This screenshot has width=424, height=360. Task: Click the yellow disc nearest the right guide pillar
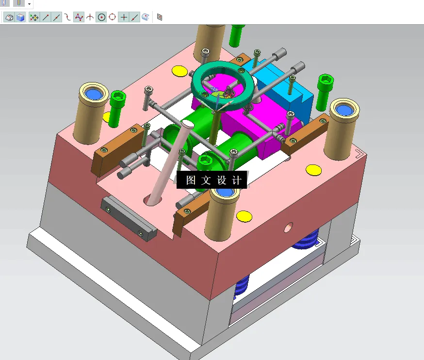point(313,170)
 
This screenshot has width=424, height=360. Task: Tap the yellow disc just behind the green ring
point(179,71)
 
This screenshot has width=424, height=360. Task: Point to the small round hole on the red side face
point(289,226)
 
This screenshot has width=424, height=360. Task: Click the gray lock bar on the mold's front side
point(128,218)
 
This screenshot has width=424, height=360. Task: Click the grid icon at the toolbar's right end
point(160,17)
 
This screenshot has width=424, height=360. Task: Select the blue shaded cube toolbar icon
point(20,17)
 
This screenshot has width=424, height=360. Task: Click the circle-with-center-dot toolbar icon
point(101,17)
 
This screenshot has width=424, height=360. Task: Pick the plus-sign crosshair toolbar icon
point(124,17)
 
